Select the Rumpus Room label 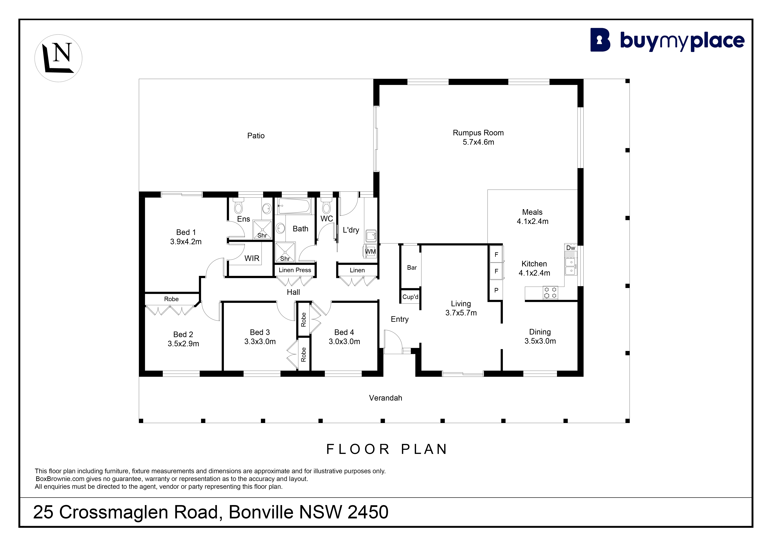click(x=478, y=133)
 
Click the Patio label click(x=256, y=136)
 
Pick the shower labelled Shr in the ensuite click(x=262, y=229)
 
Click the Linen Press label click(x=295, y=270)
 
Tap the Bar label click(x=412, y=268)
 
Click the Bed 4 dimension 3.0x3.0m click(x=344, y=341)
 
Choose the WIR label click(x=252, y=258)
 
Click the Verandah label click(x=386, y=398)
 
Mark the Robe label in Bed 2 click(x=171, y=299)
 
